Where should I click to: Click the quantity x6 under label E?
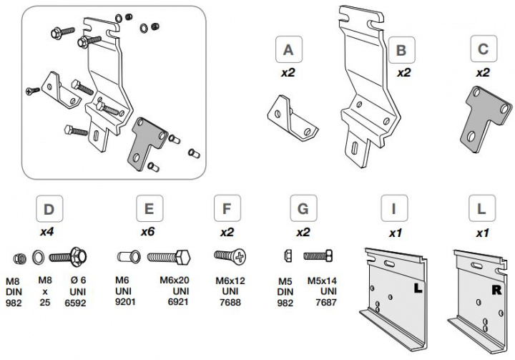pos(149,232)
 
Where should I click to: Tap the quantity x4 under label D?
pos(49,232)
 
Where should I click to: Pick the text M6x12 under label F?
pos(230,281)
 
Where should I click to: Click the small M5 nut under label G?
pos(289,256)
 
